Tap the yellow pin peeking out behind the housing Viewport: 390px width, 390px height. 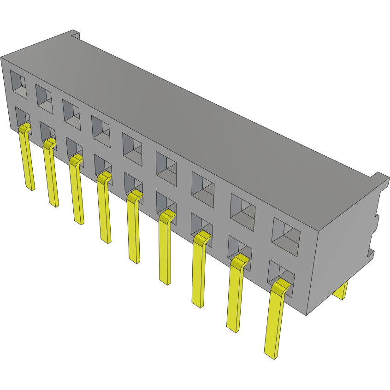point(341,290)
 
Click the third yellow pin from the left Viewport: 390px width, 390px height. point(77,191)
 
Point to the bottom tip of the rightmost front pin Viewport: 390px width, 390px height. point(270,355)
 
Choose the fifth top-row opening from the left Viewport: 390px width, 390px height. point(132,146)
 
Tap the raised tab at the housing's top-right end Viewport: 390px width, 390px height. point(379,177)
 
